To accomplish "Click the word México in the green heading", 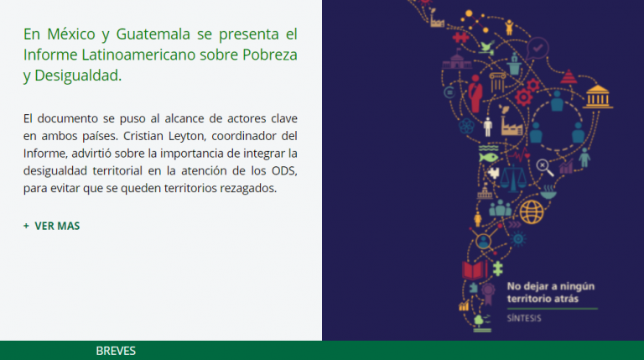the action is point(71,34).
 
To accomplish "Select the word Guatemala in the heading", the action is point(153,34).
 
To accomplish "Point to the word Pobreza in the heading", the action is point(270,55).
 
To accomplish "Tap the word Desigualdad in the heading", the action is point(78,76).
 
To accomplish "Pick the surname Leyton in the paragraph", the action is point(186,137).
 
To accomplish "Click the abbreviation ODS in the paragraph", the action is point(284,170).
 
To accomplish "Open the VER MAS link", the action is point(52,226).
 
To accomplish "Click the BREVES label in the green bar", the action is point(116,351).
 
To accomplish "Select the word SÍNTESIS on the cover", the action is point(524,318).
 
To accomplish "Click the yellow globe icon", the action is point(532,212).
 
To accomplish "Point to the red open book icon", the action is point(475,270).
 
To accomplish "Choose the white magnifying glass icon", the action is point(544,167).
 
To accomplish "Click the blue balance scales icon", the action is point(513,178).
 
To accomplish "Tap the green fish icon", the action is point(488,157).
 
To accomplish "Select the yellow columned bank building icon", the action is point(598,97).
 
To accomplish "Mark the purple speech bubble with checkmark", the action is point(538,49).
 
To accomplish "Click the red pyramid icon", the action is point(569,76).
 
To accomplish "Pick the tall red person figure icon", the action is point(475,94).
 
